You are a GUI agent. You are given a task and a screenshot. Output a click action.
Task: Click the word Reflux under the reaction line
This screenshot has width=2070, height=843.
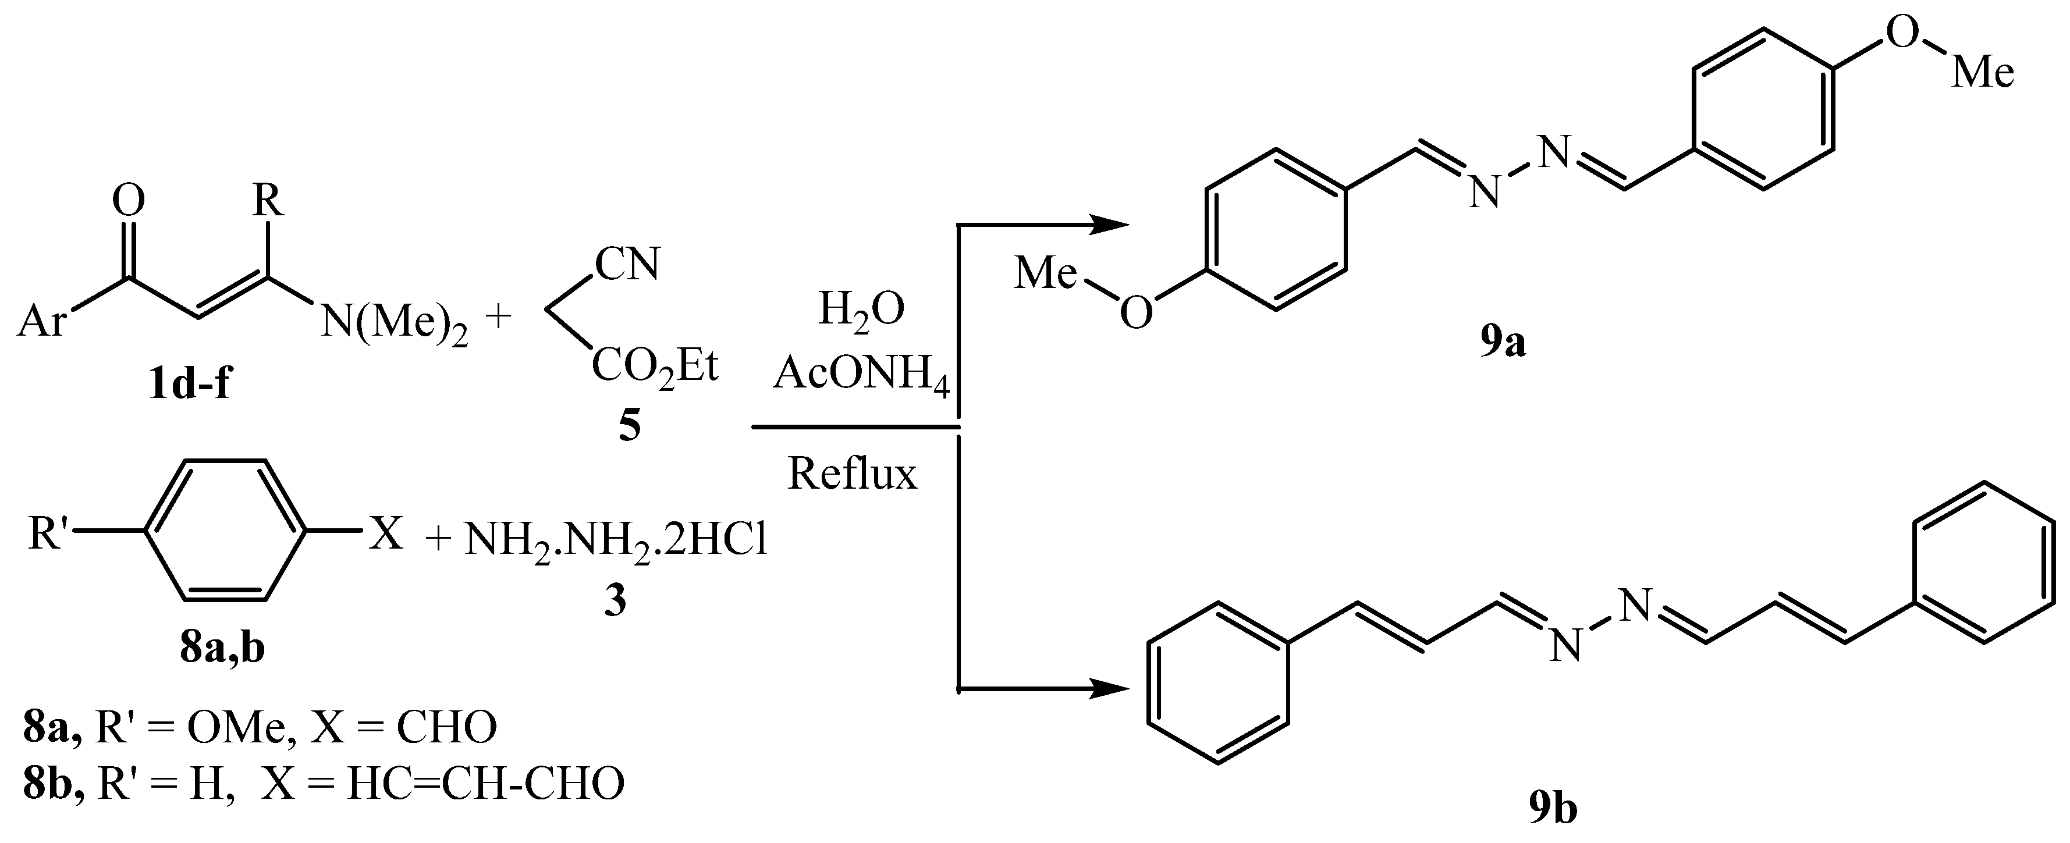pos(852,474)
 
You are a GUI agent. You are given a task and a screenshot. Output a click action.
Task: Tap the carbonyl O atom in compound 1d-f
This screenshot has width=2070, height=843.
pos(129,200)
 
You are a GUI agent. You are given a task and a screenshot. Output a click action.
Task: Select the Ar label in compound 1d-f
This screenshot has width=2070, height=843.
pos(42,322)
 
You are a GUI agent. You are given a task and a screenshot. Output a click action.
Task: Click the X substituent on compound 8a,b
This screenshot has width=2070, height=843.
pos(386,533)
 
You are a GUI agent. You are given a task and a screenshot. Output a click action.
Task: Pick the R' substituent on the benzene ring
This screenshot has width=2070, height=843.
pos(50,533)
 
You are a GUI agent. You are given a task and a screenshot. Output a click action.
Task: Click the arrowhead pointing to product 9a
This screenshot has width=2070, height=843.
pos(1109,226)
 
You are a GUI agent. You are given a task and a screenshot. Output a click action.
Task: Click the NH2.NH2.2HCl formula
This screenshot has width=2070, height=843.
pos(615,540)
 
